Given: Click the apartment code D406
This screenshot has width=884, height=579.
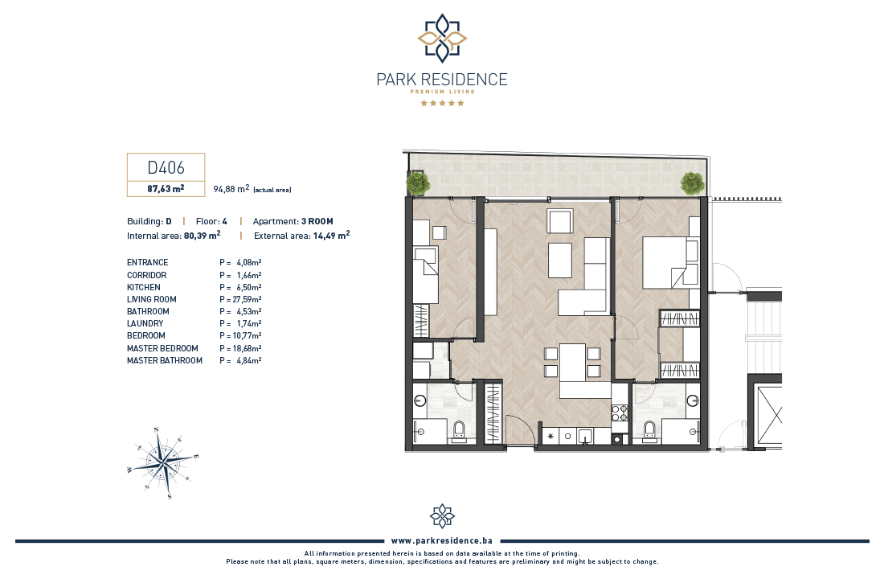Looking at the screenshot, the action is [x=166, y=167].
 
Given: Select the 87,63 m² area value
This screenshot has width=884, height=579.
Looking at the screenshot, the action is [x=166, y=188].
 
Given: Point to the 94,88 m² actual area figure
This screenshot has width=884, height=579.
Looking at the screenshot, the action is [x=231, y=189].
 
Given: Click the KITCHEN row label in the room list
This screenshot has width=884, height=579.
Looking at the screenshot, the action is [x=144, y=287].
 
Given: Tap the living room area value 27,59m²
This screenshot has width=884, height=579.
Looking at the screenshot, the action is [x=247, y=300].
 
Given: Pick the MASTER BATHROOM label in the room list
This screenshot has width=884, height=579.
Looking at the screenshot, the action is [x=165, y=360].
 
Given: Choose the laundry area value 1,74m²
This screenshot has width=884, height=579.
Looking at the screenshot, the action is [x=248, y=324].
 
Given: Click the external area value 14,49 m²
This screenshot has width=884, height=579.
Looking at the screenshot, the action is [x=331, y=236].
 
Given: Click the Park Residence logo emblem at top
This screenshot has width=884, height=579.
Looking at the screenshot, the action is [x=442, y=39].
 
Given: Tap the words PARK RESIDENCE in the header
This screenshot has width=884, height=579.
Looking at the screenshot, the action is [x=442, y=80].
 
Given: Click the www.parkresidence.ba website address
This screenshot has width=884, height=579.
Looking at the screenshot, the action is [x=441, y=540].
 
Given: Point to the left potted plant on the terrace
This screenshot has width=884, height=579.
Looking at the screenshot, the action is [x=418, y=183].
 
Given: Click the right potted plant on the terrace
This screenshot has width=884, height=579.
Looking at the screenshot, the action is [x=692, y=183].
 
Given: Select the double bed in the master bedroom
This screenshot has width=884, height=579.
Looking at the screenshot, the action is [x=671, y=263].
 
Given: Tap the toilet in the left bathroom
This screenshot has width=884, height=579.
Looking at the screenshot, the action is [x=459, y=430].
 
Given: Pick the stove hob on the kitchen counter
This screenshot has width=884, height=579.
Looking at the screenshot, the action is [x=619, y=413].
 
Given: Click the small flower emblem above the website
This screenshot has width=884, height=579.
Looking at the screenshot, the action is [x=442, y=515].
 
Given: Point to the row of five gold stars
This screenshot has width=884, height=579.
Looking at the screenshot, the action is [x=442, y=103].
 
